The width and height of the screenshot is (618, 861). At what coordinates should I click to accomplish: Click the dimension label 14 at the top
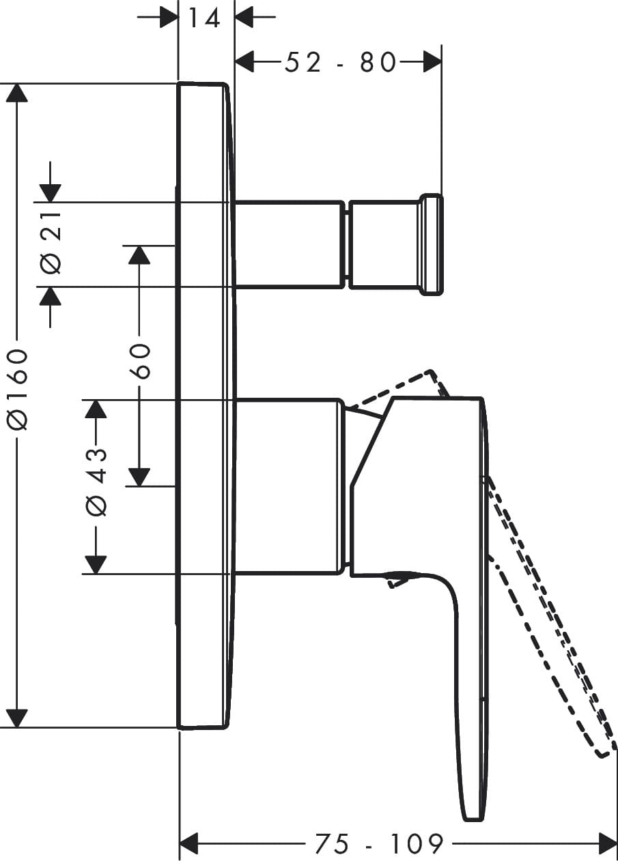point(204,17)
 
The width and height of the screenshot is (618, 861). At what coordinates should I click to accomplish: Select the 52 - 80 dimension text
point(339,63)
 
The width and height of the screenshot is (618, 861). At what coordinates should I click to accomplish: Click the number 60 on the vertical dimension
point(139,361)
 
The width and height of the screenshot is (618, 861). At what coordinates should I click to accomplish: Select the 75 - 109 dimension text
point(379,844)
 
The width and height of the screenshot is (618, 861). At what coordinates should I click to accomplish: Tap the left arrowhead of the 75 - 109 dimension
point(188,843)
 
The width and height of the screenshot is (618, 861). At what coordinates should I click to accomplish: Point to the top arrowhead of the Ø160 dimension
point(17,93)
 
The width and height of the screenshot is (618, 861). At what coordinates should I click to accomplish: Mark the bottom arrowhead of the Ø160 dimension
point(17,718)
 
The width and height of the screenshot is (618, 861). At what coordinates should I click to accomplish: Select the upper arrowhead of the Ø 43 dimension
point(96,409)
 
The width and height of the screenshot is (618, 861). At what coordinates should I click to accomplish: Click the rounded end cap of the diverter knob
point(431,245)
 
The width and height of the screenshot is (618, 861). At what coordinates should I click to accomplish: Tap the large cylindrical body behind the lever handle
point(287,486)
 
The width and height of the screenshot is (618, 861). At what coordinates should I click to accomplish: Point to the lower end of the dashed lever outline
point(601,753)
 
